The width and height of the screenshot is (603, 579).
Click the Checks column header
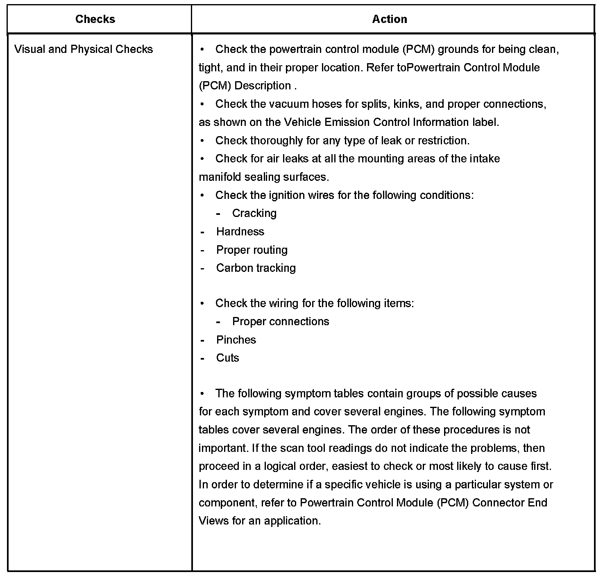pyautogui.click(x=95, y=19)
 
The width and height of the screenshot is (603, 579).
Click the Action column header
pyautogui.click(x=389, y=19)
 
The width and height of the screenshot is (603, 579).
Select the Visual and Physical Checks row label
pyautogui.click(x=84, y=50)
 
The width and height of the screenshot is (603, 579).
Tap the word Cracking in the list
pyautogui.click(x=254, y=213)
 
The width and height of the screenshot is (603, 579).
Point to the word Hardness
pyautogui.click(x=240, y=232)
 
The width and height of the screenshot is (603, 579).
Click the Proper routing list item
pyautogui.click(x=252, y=250)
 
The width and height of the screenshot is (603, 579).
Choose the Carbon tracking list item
pyautogui.click(x=256, y=268)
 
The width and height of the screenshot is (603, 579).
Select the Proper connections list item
pyautogui.click(x=280, y=321)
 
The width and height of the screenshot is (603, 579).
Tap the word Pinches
pyautogui.click(x=236, y=340)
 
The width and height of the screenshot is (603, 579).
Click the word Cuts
pyautogui.click(x=227, y=358)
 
